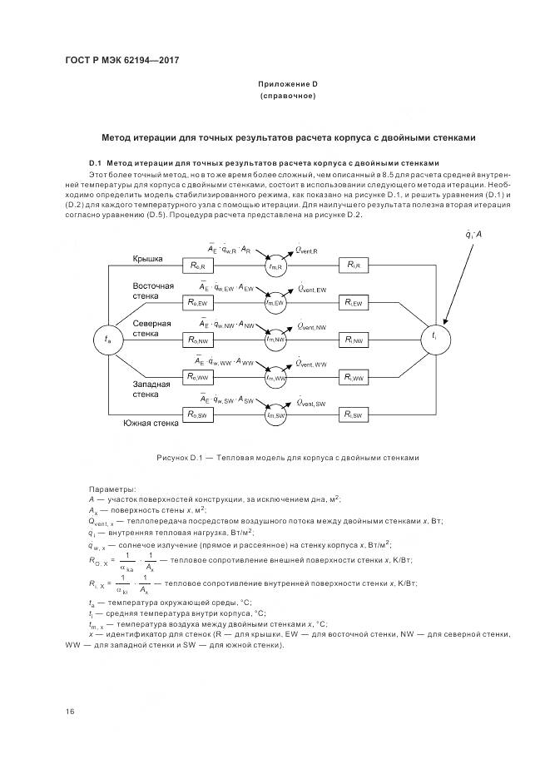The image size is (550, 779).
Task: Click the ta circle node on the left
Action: [x=107, y=340]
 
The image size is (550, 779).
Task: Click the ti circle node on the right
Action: [x=434, y=337]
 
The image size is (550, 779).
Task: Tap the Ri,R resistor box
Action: [x=354, y=265]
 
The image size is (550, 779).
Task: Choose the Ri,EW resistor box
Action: [x=354, y=303]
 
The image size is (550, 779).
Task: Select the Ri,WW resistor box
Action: [x=354, y=377]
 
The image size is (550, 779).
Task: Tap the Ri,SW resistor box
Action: [x=354, y=414]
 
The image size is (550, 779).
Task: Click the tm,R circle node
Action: [x=276, y=265]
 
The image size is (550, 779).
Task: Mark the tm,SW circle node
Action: [x=276, y=414]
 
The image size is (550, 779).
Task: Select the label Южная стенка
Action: [x=151, y=424]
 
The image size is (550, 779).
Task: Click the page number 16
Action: [x=70, y=712]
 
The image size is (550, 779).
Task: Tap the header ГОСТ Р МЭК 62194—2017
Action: [x=122, y=60]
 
